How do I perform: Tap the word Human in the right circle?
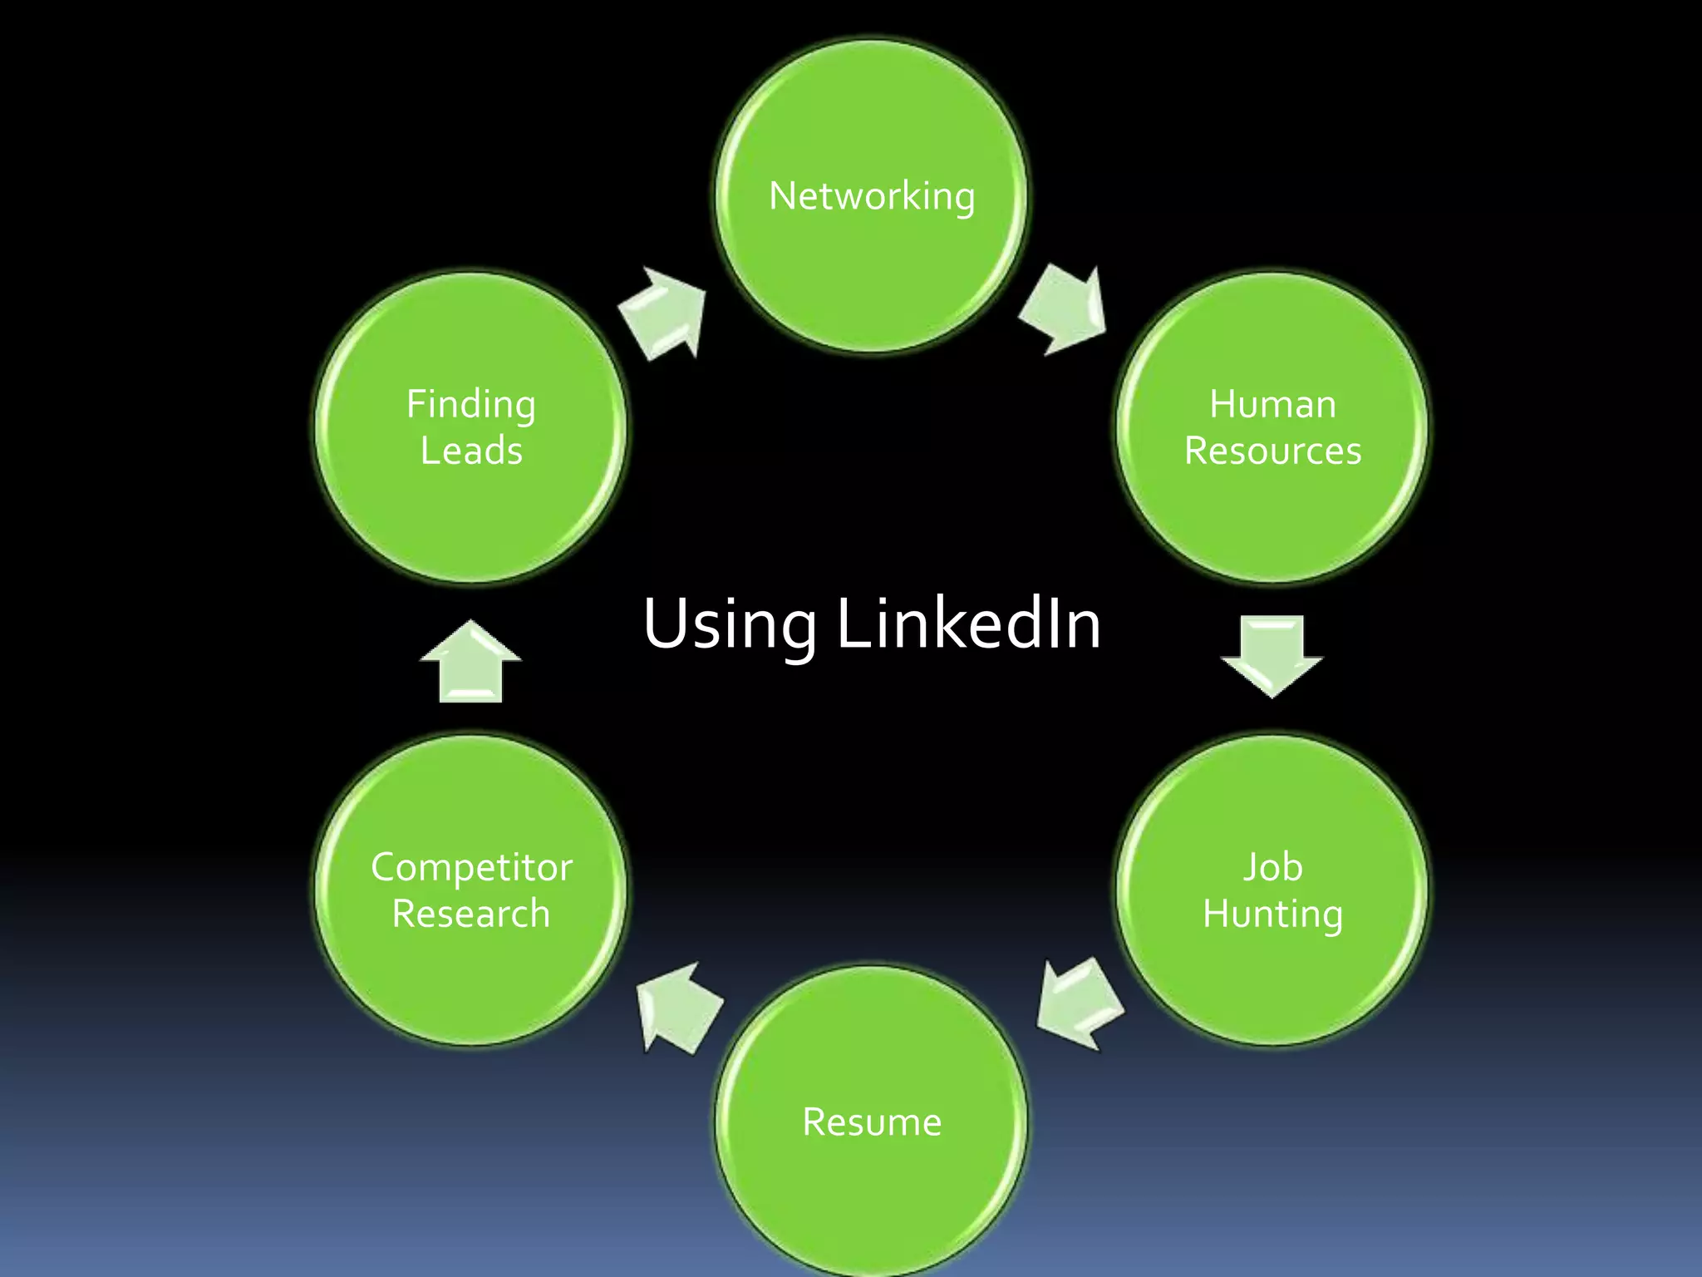[1272, 404]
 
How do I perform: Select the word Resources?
[1272, 451]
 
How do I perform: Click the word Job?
[1272, 867]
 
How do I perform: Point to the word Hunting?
[1272, 915]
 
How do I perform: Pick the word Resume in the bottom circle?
[872, 1122]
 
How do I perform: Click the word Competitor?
[471, 867]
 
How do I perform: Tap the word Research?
[471, 914]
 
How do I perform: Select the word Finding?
[471, 406]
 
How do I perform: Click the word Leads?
[471, 451]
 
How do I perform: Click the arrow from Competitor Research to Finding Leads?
[470, 662]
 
